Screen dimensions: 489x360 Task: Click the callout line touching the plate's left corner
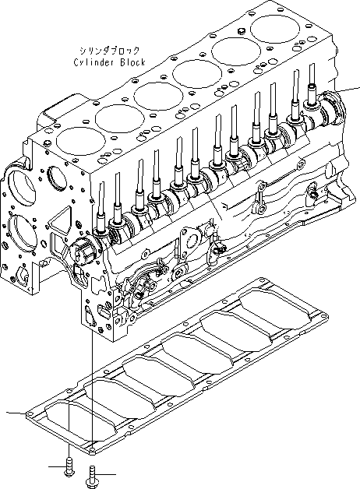click(14, 413)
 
